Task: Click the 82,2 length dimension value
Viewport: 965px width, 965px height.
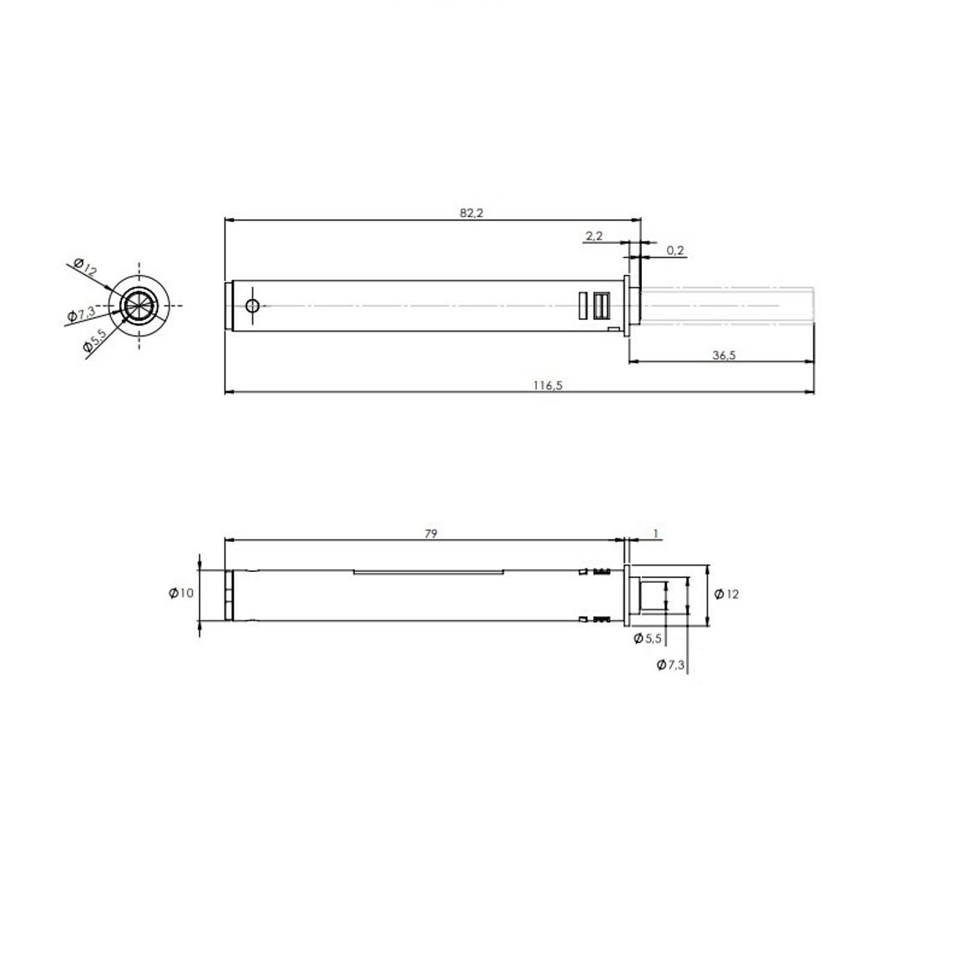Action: [x=472, y=213]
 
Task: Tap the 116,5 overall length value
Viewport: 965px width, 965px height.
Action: [x=548, y=386]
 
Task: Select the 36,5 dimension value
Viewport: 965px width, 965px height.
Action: [x=724, y=355]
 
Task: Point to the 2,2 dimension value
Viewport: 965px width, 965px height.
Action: [x=594, y=235]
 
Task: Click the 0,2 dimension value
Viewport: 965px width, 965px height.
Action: [x=675, y=250]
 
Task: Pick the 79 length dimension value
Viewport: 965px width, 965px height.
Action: [x=431, y=533]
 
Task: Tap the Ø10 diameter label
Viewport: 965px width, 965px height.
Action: [x=181, y=594]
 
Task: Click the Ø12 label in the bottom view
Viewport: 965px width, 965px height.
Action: [x=726, y=594]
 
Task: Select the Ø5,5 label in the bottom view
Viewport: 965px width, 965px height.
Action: [x=648, y=639]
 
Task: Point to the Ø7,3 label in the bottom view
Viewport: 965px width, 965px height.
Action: [x=670, y=664]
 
